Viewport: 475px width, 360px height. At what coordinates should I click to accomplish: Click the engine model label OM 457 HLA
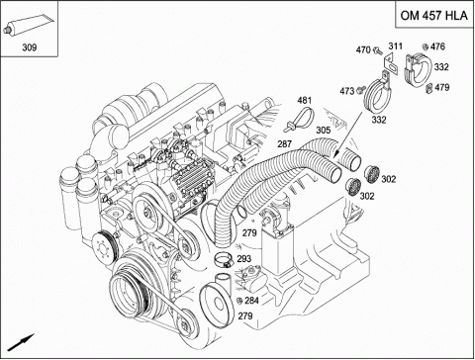pyautogui.click(x=433, y=15)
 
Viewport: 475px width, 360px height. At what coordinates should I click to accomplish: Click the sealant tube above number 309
pyautogui.click(x=28, y=24)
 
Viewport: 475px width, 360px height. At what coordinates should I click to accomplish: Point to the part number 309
pyautogui.click(x=29, y=47)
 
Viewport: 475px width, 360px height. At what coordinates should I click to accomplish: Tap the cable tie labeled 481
pyautogui.click(x=300, y=119)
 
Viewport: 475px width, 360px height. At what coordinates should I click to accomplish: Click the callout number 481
pyautogui.click(x=304, y=100)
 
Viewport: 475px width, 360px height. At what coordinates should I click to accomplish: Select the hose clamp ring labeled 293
pyautogui.click(x=224, y=259)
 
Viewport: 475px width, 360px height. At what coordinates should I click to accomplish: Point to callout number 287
pyautogui.click(x=284, y=143)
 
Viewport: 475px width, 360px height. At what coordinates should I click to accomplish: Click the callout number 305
pyautogui.click(x=323, y=131)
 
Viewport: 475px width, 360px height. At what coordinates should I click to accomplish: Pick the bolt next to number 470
pyautogui.click(x=377, y=50)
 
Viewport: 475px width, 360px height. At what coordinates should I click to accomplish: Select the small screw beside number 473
pyautogui.click(x=361, y=89)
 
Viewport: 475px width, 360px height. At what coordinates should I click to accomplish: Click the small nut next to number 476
pyautogui.click(x=426, y=47)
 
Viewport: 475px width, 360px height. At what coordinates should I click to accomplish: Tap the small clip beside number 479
pyautogui.click(x=428, y=88)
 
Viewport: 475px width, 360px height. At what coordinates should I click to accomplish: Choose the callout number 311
pyautogui.click(x=395, y=45)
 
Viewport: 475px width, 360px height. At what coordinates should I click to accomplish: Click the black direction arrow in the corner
pyautogui.click(x=21, y=342)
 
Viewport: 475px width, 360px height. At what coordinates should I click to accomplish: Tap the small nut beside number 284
pyautogui.click(x=240, y=301)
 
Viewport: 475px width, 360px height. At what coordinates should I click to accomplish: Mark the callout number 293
pyautogui.click(x=243, y=259)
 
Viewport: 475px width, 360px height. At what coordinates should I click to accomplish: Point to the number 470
pyautogui.click(x=363, y=49)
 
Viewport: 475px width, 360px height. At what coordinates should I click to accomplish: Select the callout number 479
pyautogui.click(x=442, y=87)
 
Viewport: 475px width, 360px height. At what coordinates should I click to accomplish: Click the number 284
pyautogui.click(x=251, y=301)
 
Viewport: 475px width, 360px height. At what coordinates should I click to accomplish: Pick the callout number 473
pyautogui.click(x=347, y=91)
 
